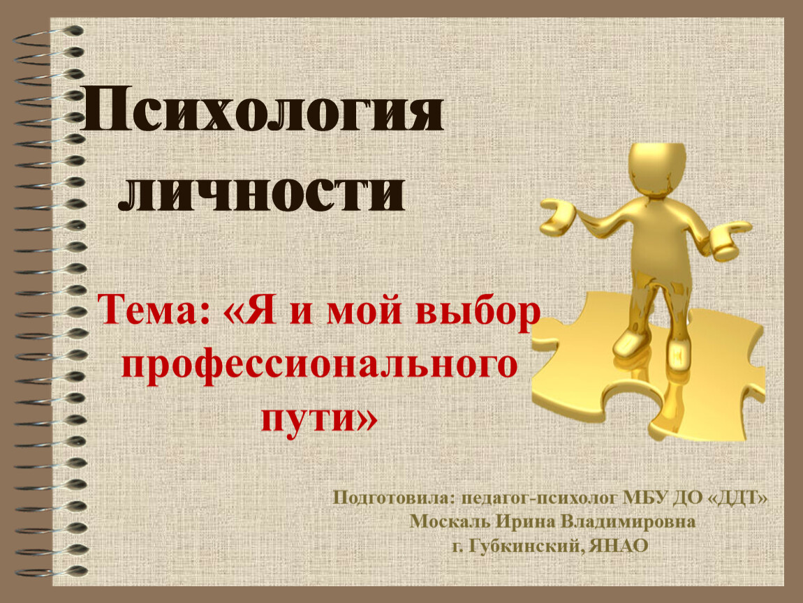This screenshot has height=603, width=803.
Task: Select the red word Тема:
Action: click(154, 310)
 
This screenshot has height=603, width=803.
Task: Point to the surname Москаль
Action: click(450, 521)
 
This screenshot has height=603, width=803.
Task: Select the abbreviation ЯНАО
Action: click(618, 546)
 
